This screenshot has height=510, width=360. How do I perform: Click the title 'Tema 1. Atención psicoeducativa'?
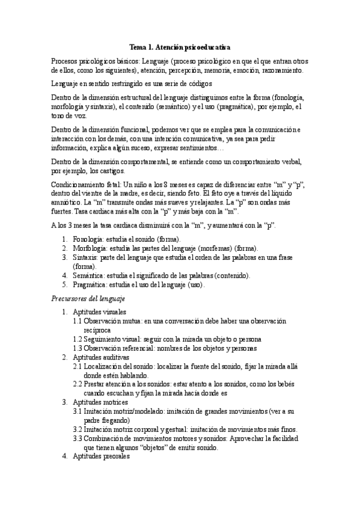(x=180, y=46)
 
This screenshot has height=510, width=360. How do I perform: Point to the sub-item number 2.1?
(x=78, y=366)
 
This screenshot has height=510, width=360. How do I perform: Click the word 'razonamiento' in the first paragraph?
(x=281, y=70)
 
